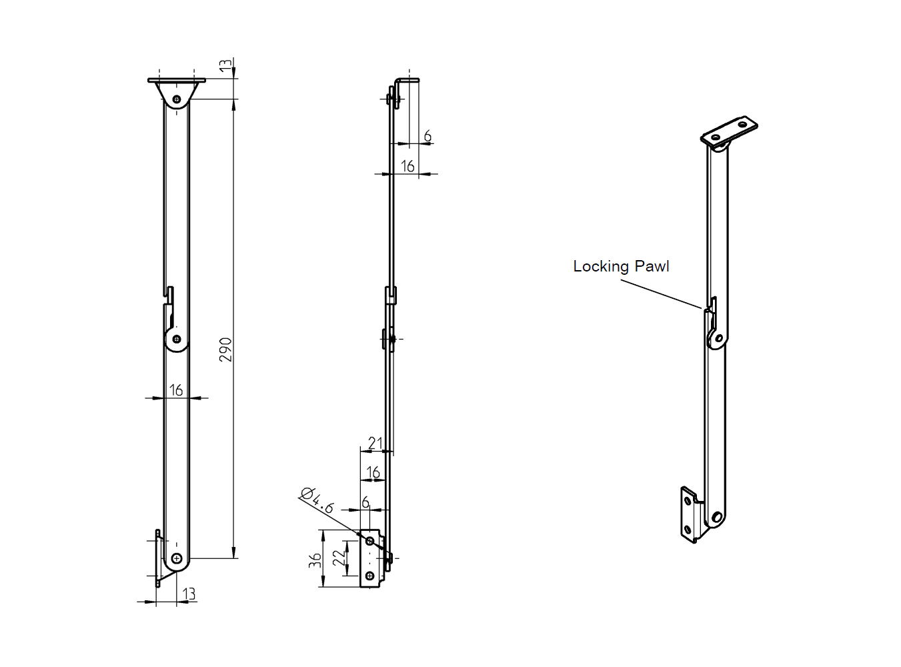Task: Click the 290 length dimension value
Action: pos(226,350)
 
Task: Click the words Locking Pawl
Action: pos(621,266)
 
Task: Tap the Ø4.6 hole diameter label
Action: pos(317,500)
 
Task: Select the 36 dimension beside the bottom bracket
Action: pos(315,559)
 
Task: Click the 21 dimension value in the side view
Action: pos(375,443)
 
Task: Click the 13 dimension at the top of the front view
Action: pos(226,65)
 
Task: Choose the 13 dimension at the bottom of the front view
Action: pos(189,593)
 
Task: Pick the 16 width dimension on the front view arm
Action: pos(176,390)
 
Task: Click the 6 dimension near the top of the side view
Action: pos(427,136)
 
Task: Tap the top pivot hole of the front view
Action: pos(177,99)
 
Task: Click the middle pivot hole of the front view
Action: pos(177,339)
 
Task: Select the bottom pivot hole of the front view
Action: pos(177,558)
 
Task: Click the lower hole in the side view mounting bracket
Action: pos(369,576)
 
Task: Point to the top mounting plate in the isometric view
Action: pos(729,132)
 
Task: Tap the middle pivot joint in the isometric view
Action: pos(718,338)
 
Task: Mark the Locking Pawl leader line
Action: pos(660,294)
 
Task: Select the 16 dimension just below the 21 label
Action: pos(373,472)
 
